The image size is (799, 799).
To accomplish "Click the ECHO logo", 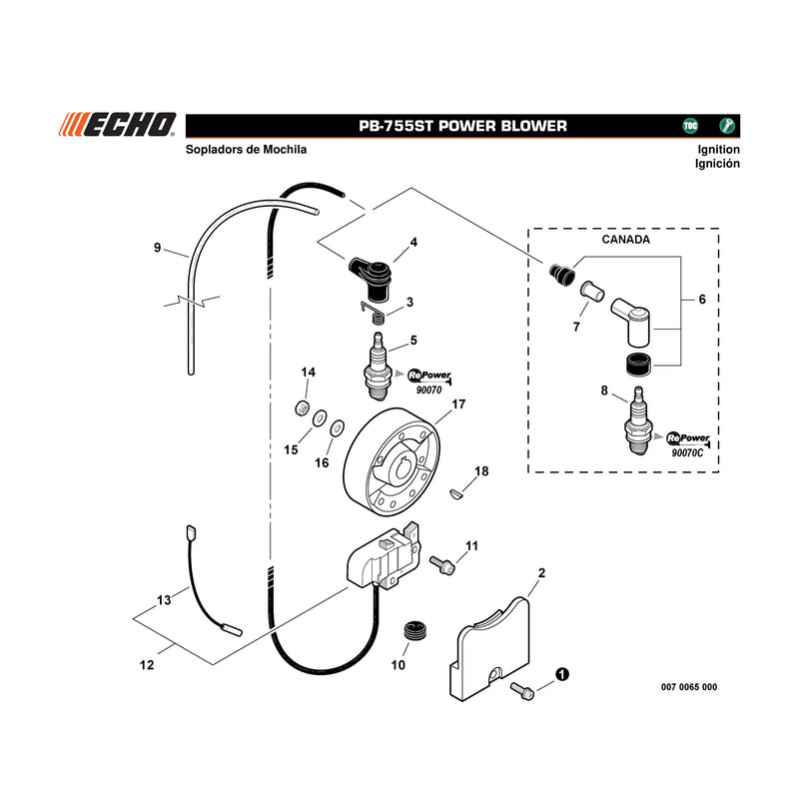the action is pyautogui.click(x=118, y=125).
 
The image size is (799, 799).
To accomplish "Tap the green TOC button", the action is pyautogui.click(x=690, y=126).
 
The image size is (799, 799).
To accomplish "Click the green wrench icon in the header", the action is pyautogui.click(x=727, y=126).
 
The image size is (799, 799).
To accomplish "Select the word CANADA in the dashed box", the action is pyautogui.click(x=626, y=240).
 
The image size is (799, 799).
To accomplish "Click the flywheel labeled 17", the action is pyautogui.click(x=392, y=461).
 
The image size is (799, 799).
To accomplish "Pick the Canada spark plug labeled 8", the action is pyautogui.click(x=639, y=420).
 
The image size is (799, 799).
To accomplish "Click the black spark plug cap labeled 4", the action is pyautogui.click(x=371, y=278).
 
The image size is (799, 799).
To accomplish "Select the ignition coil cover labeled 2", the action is pyautogui.click(x=490, y=647).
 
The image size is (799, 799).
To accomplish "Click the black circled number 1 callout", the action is pyautogui.click(x=561, y=674).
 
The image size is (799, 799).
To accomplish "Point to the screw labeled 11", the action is pyautogui.click(x=441, y=564).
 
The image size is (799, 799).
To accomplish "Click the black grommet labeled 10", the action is pyautogui.click(x=415, y=632).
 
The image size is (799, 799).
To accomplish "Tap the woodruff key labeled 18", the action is pyautogui.click(x=456, y=493).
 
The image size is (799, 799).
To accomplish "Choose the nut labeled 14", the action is pyautogui.click(x=303, y=407).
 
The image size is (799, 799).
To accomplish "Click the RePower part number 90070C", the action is pyautogui.click(x=687, y=452).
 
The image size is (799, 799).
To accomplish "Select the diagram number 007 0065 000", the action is pyautogui.click(x=689, y=687).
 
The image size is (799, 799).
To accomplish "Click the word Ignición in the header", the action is pyautogui.click(x=717, y=164).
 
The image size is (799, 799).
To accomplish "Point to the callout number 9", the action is pyautogui.click(x=158, y=248).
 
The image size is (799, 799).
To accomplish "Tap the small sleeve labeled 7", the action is pyautogui.click(x=592, y=291).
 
